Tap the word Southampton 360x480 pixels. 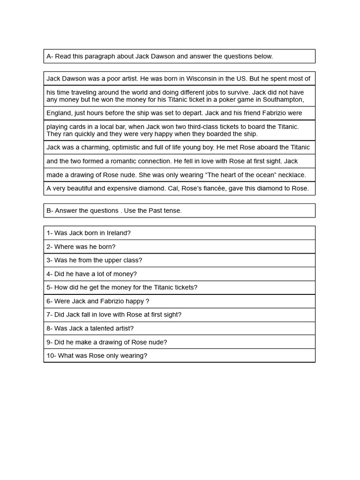[283, 99]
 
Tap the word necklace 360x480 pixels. [292, 175]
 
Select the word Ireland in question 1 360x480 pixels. [118, 233]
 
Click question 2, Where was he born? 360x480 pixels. [81, 247]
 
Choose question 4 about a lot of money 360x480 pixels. [91, 274]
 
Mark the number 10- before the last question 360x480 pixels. [51, 356]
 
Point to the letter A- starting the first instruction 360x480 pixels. [50, 56]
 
